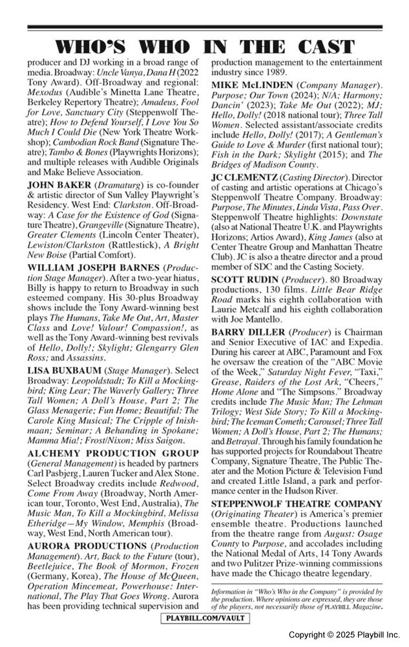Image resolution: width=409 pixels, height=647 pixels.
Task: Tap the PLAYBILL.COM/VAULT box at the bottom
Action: click(205, 620)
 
